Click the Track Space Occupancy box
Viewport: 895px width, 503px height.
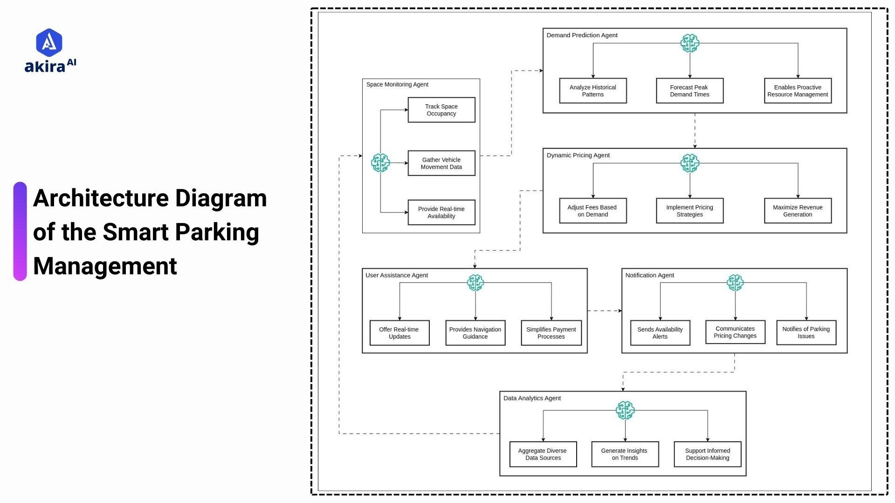(441, 110)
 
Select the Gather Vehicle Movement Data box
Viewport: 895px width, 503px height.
(441, 163)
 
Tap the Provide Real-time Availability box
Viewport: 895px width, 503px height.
(441, 212)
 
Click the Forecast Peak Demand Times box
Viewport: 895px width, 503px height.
(689, 91)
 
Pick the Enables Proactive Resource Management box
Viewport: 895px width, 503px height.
(798, 91)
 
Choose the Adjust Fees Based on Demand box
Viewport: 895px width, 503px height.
(592, 211)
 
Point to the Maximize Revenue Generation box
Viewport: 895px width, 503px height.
(798, 211)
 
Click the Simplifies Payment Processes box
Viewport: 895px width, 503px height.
(551, 333)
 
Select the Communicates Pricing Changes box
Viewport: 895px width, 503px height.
(735, 332)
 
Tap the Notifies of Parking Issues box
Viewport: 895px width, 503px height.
(806, 333)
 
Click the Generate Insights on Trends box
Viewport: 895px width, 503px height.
(625, 454)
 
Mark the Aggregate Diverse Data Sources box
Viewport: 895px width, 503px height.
(543, 454)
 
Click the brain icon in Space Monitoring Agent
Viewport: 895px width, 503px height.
(380, 163)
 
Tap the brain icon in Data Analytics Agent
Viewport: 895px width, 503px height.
(625, 410)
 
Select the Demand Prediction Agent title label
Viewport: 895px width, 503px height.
(582, 35)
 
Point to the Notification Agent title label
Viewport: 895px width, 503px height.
(649, 275)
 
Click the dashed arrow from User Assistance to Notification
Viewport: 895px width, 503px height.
(604, 311)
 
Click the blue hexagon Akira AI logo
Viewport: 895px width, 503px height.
(49, 42)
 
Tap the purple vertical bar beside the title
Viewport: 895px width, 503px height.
(20, 231)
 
